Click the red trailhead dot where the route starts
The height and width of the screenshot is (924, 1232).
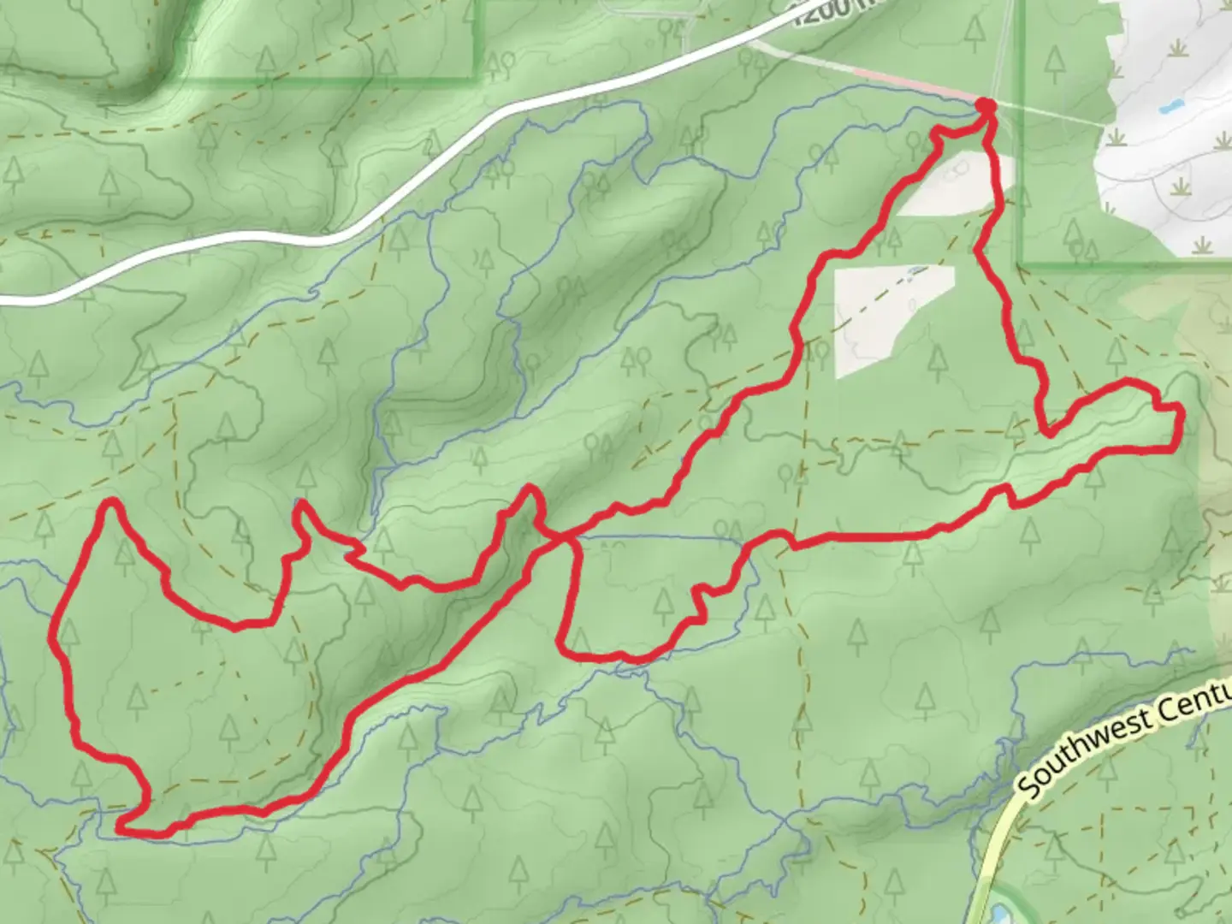coord(986,106)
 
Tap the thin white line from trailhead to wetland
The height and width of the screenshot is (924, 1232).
coord(1052,116)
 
